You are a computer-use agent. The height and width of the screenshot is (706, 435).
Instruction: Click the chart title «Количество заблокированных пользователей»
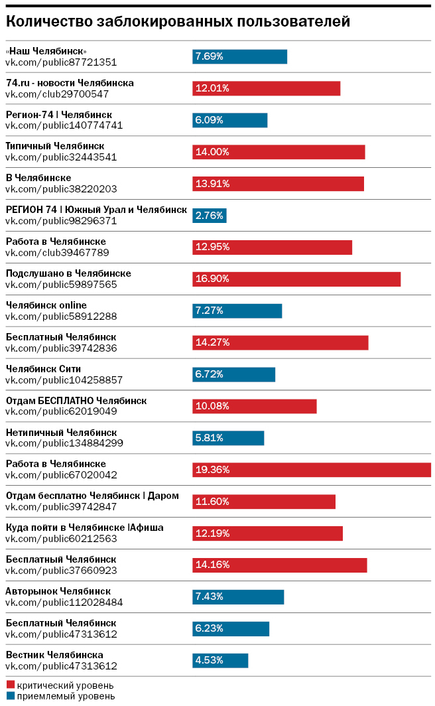(x=178, y=22)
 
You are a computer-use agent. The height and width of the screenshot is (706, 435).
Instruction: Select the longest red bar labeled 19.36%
(x=312, y=470)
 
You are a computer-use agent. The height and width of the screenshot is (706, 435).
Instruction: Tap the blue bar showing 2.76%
(x=210, y=216)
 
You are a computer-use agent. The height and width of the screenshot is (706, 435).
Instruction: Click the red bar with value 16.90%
(x=296, y=279)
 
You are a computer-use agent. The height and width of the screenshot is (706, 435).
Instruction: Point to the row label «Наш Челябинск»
(x=46, y=51)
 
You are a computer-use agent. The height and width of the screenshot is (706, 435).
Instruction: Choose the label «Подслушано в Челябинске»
(x=68, y=273)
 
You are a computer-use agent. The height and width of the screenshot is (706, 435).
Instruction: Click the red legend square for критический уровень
(x=10, y=685)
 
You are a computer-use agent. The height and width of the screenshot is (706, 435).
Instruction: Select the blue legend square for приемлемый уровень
(x=10, y=696)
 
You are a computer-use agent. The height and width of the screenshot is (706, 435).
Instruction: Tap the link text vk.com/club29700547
(x=57, y=94)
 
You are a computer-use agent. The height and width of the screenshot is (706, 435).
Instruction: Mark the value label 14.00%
(x=212, y=152)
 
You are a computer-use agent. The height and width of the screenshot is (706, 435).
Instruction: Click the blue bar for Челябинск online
(x=237, y=311)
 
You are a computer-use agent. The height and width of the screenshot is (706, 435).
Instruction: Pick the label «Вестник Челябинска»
(x=54, y=655)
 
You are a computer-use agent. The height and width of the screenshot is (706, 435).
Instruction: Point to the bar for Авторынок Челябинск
(x=238, y=597)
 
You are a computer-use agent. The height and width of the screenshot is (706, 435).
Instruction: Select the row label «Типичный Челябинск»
(x=55, y=146)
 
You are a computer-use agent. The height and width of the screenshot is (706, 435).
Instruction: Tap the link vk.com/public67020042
(x=61, y=475)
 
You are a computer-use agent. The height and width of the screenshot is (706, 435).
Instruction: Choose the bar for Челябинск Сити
(x=233, y=374)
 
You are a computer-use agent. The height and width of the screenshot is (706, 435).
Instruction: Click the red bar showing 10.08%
(x=255, y=406)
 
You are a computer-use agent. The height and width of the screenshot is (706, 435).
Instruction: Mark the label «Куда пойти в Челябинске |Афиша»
(x=84, y=528)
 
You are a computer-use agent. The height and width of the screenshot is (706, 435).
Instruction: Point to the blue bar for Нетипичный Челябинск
(x=228, y=438)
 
